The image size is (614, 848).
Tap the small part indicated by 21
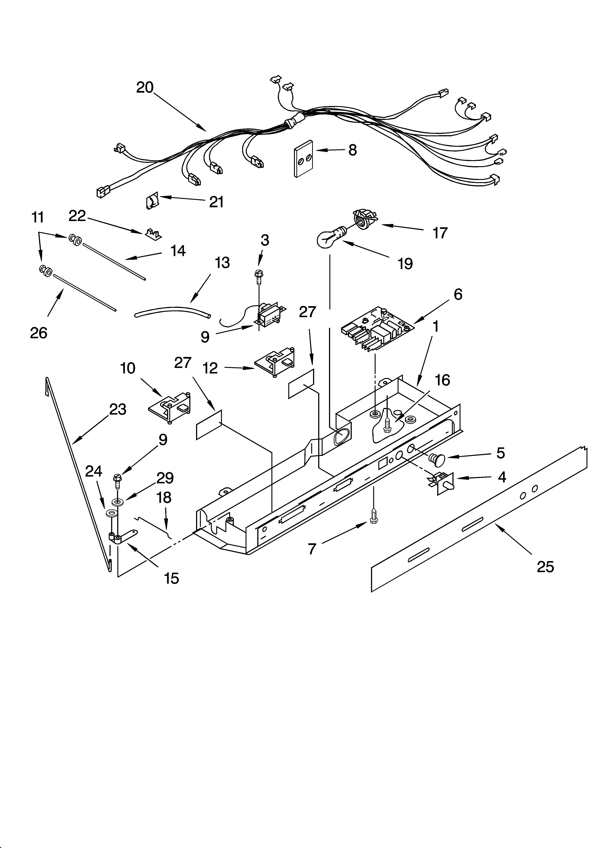[x=152, y=202]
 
